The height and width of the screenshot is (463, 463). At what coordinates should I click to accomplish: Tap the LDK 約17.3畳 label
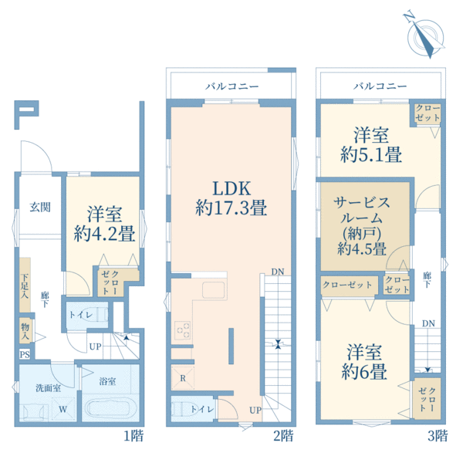231,198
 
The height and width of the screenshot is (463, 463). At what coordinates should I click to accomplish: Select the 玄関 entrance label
40,208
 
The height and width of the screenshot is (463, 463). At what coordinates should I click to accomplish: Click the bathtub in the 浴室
110,409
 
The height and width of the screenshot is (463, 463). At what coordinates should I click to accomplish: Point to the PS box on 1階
25,354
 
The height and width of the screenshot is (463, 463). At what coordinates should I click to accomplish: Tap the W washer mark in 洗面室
63,409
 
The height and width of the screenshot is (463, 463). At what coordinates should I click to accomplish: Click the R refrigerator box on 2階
183,378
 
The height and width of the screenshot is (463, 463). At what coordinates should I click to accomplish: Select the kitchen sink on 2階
213,289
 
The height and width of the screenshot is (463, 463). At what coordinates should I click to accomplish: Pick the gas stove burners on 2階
182,330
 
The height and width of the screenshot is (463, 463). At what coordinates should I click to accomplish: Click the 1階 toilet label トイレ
81,315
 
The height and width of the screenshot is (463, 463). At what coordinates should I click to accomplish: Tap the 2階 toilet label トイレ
202,409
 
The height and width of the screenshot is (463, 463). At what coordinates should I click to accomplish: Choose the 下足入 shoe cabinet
25,285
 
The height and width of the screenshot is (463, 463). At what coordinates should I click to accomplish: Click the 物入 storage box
25,331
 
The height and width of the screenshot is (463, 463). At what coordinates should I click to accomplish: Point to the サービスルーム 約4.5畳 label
362,226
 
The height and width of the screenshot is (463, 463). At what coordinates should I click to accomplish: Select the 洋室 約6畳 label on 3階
364,362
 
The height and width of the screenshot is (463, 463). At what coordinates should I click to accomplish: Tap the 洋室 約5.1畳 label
371,145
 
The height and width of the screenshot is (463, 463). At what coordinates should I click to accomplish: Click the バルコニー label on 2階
231,86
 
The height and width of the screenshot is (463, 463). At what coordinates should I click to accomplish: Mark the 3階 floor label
438,436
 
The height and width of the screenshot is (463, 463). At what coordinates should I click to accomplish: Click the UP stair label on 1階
96,346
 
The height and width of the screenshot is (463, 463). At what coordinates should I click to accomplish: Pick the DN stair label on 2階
278,272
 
